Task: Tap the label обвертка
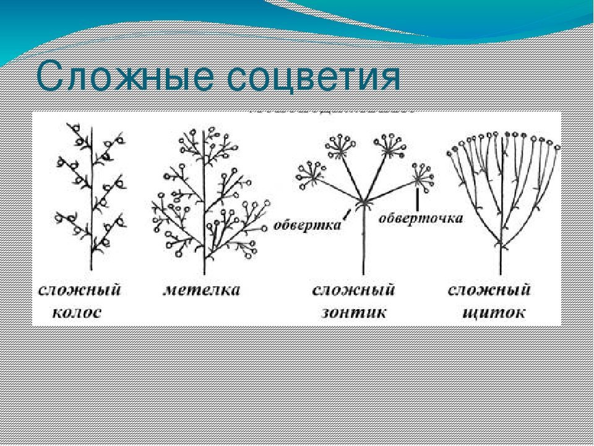(x=307, y=225)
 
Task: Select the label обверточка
(x=421, y=219)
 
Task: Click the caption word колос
(x=77, y=313)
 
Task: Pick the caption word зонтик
(x=354, y=313)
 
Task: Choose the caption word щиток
(x=494, y=313)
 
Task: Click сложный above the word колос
(x=80, y=290)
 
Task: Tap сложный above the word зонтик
(x=353, y=290)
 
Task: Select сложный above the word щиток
(x=489, y=290)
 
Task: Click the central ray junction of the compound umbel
(x=363, y=201)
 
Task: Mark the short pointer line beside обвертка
(x=346, y=215)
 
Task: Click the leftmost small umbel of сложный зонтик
(x=311, y=175)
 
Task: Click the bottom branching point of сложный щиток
(x=501, y=243)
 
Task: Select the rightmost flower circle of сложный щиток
(x=557, y=147)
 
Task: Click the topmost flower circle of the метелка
(x=194, y=132)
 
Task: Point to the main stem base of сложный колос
(x=91, y=269)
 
